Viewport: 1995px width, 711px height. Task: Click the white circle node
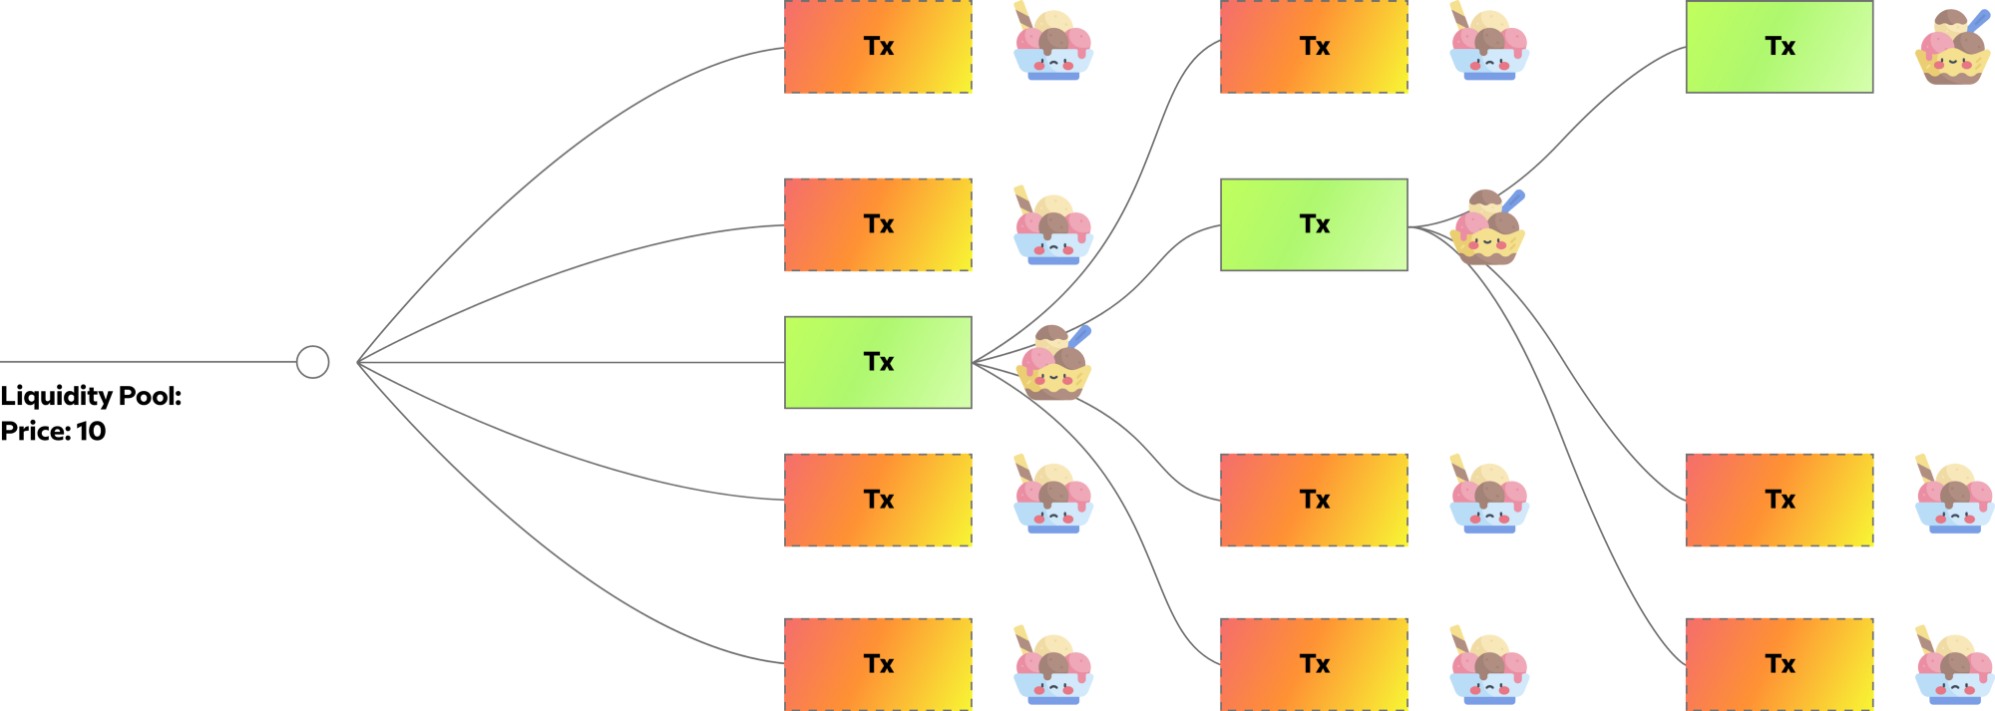(312, 362)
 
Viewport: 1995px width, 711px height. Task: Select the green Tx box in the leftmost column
(878, 362)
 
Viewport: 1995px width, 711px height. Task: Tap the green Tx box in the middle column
(1314, 224)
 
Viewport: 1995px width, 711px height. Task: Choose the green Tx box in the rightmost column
(1779, 47)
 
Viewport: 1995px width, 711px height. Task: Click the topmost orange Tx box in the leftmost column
(878, 47)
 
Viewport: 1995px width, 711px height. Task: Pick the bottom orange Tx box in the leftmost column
(878, 664)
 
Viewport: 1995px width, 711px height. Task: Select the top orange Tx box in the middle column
(1314, 47)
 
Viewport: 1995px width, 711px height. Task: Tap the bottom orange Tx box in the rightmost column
(1779, 664)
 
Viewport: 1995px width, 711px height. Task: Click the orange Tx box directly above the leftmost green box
(878, 224)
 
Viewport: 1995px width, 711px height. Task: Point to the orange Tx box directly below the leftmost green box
(878, 500)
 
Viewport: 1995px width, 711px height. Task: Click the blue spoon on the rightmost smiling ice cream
(1979, 19)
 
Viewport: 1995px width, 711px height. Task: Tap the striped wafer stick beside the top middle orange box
(1457, 14)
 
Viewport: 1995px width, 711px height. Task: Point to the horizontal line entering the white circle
(150, 362)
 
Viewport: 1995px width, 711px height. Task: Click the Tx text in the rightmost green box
(1780, 47)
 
